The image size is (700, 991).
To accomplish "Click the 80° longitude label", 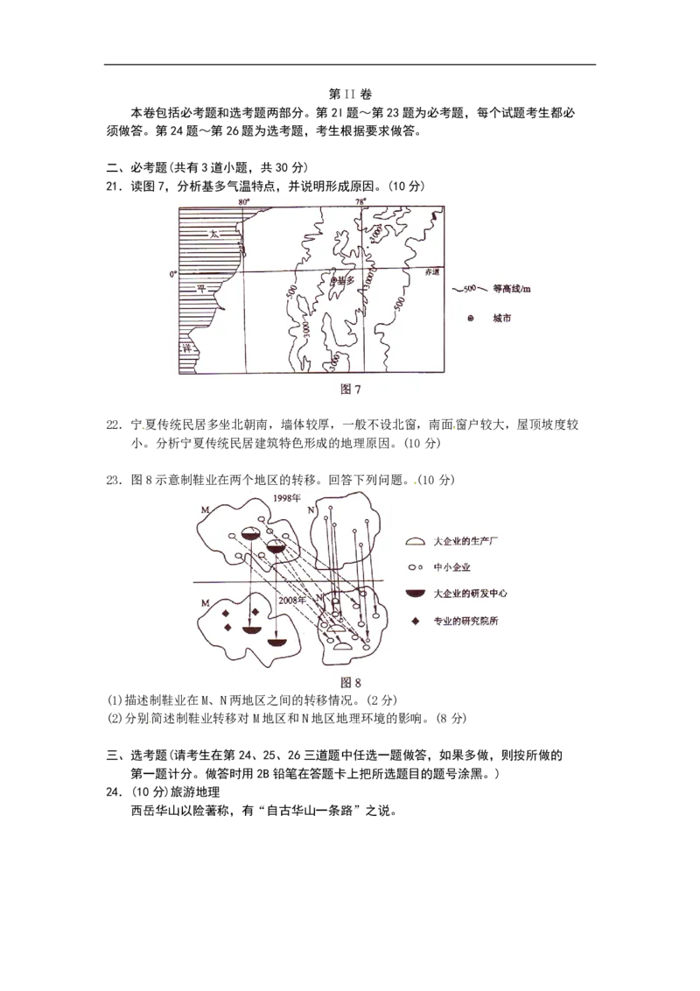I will point(245,202).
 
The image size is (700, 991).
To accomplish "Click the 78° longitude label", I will point(360,202).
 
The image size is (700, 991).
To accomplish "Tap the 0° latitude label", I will point(173,273).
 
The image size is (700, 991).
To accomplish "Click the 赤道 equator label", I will point(430,273).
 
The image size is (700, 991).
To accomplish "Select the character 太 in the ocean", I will point(213,234).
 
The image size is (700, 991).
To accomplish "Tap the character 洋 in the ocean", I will point(185,348).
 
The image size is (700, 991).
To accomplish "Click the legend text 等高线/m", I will point(512,289).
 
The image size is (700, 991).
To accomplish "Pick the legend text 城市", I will point(501,319).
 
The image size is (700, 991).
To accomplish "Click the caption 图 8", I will point(350,683).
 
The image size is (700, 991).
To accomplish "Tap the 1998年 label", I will point(287,499).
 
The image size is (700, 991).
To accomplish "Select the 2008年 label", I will point(291,601).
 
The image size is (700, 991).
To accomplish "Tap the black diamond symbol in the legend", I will point(416,621).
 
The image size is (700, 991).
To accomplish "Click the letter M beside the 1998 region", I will point(204,510).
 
